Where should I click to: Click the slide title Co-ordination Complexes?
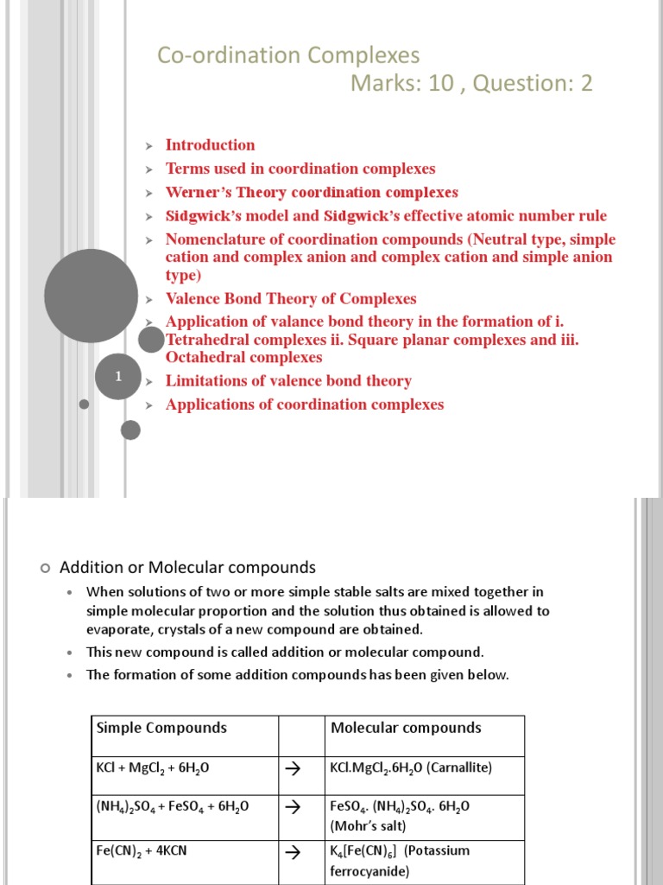point(287,56)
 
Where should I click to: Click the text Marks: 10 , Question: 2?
point(471,84)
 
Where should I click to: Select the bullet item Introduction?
point(210,145)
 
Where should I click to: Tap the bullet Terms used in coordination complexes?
point(300,169)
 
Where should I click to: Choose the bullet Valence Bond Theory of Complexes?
point(291,299)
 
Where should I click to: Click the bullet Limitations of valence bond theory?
point(288,381)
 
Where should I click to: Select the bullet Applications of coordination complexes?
point(305,404)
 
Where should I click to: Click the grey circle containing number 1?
point(117,377)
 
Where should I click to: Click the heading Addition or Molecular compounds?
point(187,568)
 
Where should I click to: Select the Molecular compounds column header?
point(406,728)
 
